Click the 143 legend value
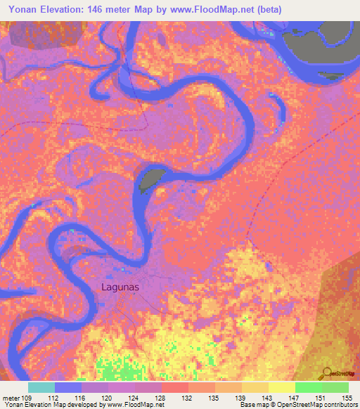click(x=268, y=397)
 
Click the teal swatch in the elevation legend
click(x=41, y=387)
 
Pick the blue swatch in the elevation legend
click(x=68, y=387)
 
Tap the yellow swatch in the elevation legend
click(x=281, y=387)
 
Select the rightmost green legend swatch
click(x=335, y=387)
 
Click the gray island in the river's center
click(x=150, y=180)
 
